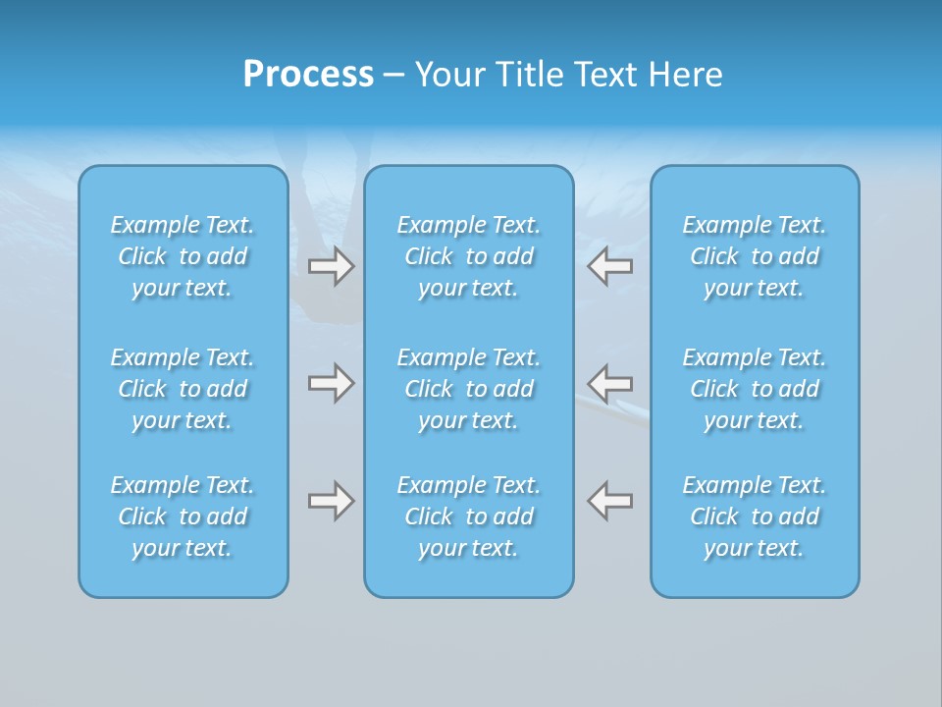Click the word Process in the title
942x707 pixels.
tap(308, 75)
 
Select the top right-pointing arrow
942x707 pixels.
tap(331, 266)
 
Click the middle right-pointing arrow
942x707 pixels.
tap(331, 383)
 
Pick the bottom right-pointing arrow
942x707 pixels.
tap(331, 501)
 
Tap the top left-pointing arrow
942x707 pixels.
tap(610, 266)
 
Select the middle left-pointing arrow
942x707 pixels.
tap(610, 383)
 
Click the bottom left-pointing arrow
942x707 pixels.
tap(610, 501)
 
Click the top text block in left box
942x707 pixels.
tap(183, 256)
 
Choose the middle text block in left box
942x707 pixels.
tap(183, 389)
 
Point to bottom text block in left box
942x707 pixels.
tap(183, 517)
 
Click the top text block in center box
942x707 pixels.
tap(469, 256)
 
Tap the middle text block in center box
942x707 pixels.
tap(469, 389)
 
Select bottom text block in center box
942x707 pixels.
tap(469, 517)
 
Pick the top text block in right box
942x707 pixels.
tap(755, 256)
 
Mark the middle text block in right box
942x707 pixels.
tap(755, 389)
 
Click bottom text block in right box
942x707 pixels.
tap(755, 517)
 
